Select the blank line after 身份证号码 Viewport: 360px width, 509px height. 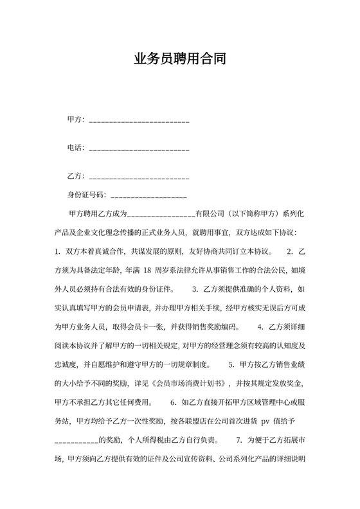click(x=149, y=195)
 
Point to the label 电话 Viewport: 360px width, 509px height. click(x=75, y=148)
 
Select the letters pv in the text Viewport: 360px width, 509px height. click(x=264, y=421)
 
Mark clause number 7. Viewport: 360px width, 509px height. click(x=240, y=440)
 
